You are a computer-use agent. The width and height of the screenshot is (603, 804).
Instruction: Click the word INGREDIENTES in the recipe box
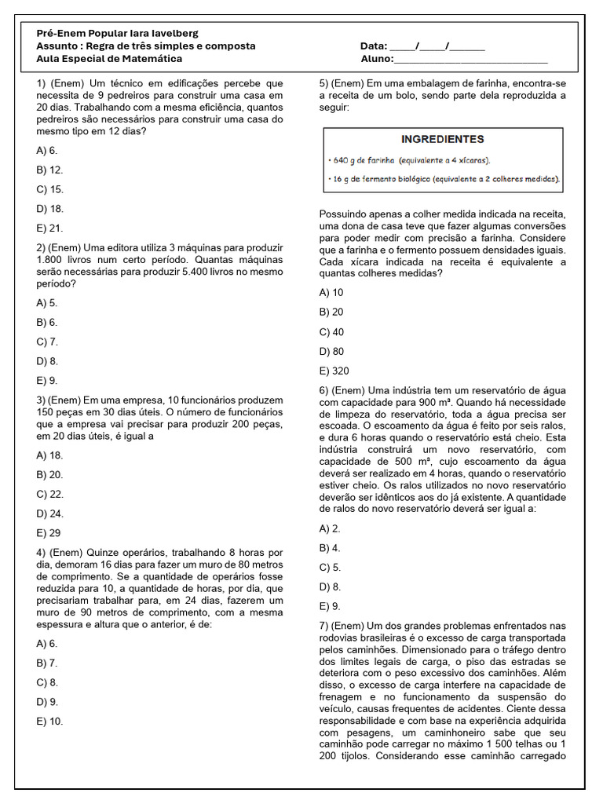point(442,140)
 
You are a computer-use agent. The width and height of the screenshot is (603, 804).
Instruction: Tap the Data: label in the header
point(374,46)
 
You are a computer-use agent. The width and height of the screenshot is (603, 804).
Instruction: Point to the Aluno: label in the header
point(376,59)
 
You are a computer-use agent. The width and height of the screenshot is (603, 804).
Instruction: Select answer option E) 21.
point(49,228)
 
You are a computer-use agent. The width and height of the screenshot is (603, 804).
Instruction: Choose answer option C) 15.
point(49,189)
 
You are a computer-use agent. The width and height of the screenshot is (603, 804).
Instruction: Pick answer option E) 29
point(49,533)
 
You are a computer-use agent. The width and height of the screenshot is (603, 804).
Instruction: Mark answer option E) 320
point(334,371)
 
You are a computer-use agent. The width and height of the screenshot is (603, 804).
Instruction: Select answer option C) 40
point(331,331)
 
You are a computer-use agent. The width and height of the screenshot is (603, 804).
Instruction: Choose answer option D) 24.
point(49,513)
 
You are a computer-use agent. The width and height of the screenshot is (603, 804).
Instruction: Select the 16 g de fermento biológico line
point(444,179)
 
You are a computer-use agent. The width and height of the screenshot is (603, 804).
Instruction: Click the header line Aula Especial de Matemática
point(109,59)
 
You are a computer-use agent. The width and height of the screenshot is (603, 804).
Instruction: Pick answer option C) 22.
point(49,494)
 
